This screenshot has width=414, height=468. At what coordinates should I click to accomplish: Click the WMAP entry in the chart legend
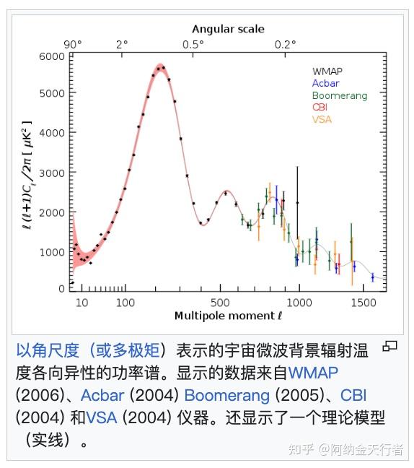pyautogui.click(x=327, y=71)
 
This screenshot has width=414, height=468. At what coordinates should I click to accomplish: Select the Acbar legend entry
pyautogui.click(x=325, y=83)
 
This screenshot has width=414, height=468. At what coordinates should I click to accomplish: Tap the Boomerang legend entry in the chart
pyautogui.click(x=339, y=95)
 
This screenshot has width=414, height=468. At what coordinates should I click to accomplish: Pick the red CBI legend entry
pyautogui.click(x=320, y=108)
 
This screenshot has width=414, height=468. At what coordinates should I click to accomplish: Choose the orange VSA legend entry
pyautogui.click(x=322, y=119)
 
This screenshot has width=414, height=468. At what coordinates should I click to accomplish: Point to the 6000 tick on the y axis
pyautogui.click(x=52, y=56)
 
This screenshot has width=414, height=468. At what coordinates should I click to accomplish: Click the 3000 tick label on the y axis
pyautogui.click(x=52, y=173)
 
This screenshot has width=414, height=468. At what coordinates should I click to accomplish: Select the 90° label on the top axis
pyautogui.click(x=73, y=44)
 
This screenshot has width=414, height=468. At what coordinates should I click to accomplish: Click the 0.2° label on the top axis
pyautogui.click(x=285, y=44)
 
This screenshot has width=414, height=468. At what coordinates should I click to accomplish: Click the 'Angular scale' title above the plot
pyautogui.click(x=228, y=29)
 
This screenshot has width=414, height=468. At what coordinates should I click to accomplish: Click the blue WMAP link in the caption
pyautogui.click(x=313, y=373)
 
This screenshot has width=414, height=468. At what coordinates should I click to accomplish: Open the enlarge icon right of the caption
pyautogui.click(x=389, y=347)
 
